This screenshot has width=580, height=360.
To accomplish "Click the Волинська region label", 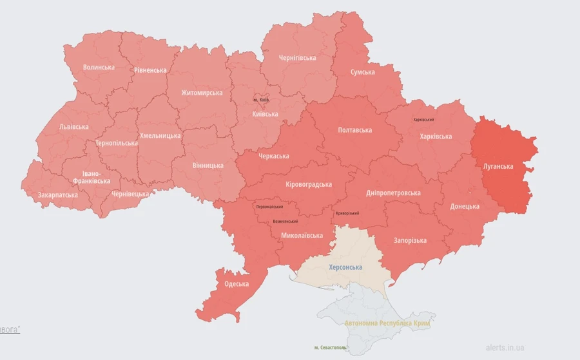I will click(99, 67).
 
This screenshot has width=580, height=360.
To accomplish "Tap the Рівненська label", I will click(150, 70).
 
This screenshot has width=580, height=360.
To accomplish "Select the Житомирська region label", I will click(202, 93).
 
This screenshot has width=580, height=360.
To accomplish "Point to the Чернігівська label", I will click(297, 58).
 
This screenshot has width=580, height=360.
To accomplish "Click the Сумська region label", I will click(362, 72).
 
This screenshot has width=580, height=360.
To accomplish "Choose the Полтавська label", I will click(355, 130).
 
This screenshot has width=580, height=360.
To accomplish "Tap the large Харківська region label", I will click(436, 137).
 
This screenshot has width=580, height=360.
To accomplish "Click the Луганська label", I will click(498, 167).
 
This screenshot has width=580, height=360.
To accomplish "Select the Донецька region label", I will click(465, 207).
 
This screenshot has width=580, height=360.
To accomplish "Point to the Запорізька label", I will click(410, 241).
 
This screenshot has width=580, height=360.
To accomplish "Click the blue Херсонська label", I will click(345, 267).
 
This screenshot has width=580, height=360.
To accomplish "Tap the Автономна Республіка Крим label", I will click(387, 323).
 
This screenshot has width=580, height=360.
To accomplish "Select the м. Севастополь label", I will click(330, 348).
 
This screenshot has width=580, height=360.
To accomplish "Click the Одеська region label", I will click(237, 284).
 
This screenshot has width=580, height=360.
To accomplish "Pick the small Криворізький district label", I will click(347, 213).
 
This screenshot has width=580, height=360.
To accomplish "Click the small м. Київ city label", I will click(261, 100).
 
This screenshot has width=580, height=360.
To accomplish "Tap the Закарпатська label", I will click(58, 194).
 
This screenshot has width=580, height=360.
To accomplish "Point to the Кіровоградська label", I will click(309, 185).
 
